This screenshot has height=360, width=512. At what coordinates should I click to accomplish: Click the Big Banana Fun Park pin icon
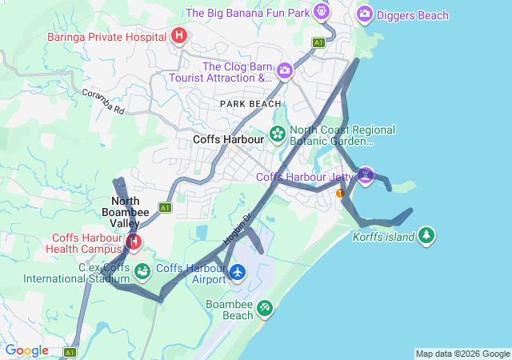pos(321,12)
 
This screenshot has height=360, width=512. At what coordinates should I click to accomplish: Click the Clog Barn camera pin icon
pos(284,72)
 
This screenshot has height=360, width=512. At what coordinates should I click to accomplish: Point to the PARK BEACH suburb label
pos(251,104)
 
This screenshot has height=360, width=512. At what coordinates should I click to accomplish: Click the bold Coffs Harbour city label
pos(228,139)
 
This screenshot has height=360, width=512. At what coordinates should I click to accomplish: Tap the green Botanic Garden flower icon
pos(278,134)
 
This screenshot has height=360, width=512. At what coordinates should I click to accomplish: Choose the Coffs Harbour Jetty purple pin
pos(366,174)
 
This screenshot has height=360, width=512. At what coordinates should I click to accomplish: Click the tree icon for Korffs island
pos(427,235)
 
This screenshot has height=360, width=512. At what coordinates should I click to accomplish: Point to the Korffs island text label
pos(384,237)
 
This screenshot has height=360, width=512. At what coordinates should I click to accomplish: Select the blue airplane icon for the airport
pos(238,273)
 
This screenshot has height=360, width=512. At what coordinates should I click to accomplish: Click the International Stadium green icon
pos(142,272)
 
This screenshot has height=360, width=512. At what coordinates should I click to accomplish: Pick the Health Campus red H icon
pos(134,241)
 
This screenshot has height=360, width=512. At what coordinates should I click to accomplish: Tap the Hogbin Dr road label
pos(237,228)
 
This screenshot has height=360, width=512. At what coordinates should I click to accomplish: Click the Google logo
pos(26,350)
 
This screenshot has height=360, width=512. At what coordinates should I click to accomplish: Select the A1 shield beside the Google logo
pos(70,352)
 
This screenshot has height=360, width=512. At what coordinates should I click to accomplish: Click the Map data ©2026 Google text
pos(462,354)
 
